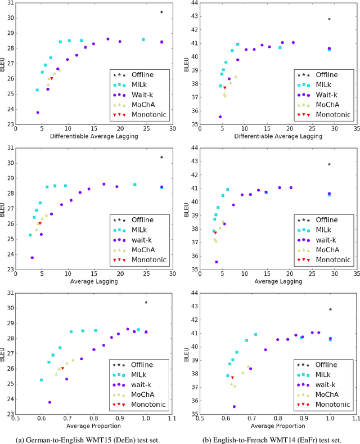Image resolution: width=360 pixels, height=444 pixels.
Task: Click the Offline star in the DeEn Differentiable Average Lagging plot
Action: click(161, 12)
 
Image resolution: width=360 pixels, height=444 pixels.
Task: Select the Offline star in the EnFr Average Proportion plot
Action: click(330, 310)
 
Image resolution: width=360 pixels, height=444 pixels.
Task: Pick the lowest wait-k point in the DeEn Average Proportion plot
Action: click(49, 402)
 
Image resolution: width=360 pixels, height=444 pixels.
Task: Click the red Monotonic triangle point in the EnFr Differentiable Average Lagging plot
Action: click(224, 87)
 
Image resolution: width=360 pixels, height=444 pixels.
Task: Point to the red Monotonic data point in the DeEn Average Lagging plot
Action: click(39, 223)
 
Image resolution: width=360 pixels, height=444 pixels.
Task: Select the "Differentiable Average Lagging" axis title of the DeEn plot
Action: click(93, 136)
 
